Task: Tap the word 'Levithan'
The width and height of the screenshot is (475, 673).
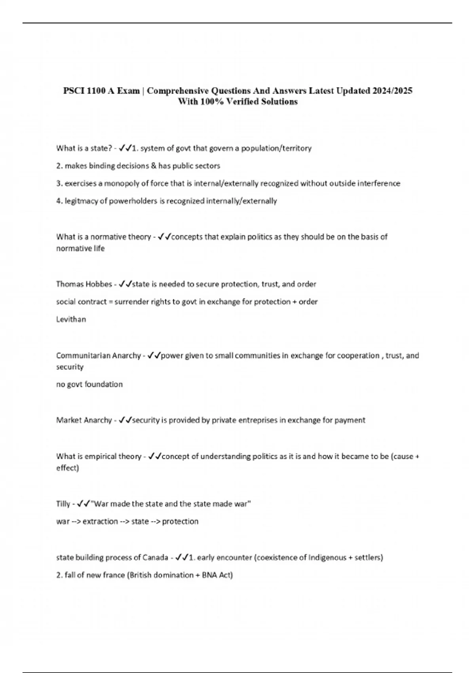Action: coord(71,319)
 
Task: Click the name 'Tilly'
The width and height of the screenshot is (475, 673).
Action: coord(63,504)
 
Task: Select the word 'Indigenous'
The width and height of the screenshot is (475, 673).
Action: coord(327,557)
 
